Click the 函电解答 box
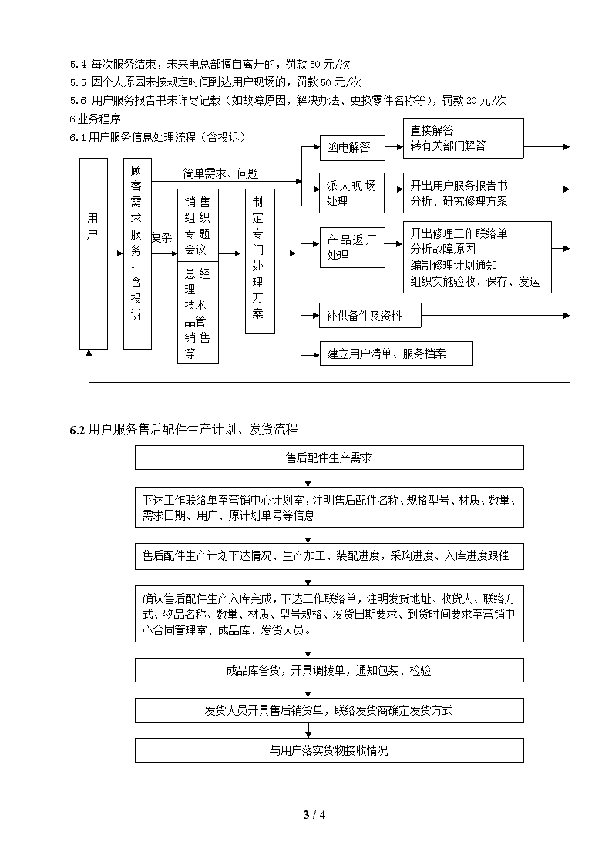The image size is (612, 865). (352, 147)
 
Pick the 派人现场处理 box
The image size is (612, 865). (352, 193)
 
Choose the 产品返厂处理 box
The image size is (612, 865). (352, 248)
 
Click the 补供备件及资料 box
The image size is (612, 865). (370, 316)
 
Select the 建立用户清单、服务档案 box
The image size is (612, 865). (396, 354)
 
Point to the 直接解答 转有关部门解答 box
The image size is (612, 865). (463, 139)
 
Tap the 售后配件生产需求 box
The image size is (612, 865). (329, 458)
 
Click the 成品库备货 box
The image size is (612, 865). (329, 670)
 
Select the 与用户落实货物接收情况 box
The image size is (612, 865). (329, 750)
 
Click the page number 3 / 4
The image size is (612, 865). (314, 815)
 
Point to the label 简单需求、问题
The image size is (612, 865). (220, 174)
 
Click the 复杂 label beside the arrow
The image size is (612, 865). (162, 238)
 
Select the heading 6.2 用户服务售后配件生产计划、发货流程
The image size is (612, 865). (183, 429)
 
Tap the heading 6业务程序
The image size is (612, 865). (95, 119)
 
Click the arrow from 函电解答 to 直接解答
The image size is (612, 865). (394, 147)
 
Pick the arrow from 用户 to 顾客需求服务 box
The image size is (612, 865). (116, 253)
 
